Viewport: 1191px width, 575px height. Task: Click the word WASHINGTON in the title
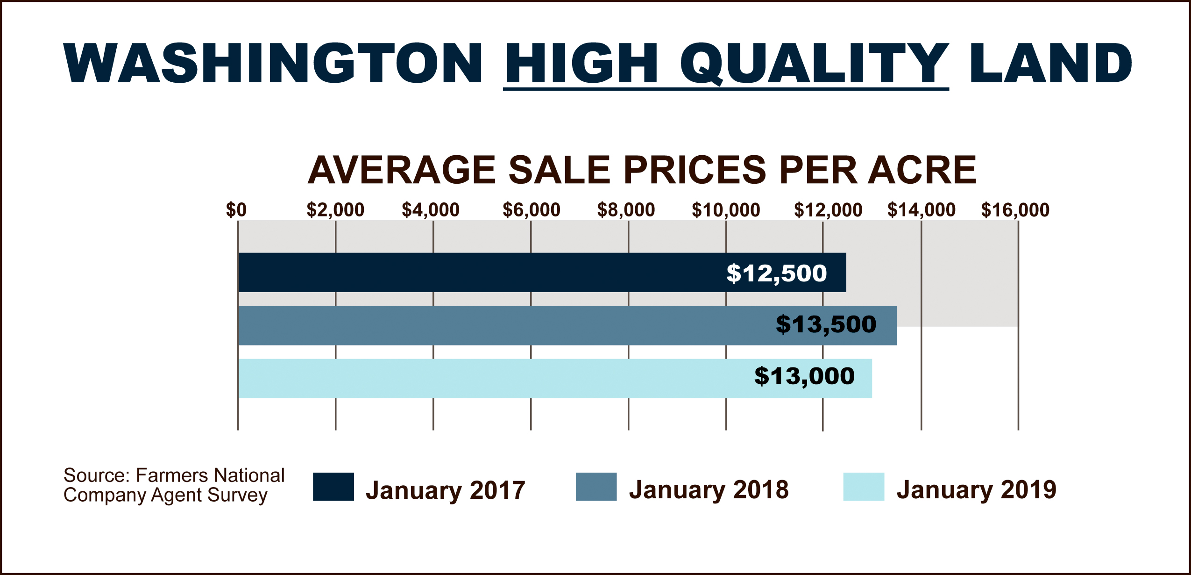(273, 64)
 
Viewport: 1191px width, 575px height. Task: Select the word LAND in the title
(1051, 64)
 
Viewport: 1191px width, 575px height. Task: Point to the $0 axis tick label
(236, 210)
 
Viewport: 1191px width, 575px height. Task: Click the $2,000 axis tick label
(335, 210)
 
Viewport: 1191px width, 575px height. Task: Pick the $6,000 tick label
(531, 210)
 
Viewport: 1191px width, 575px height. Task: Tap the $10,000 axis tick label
(726, 210)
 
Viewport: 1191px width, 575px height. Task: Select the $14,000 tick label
(922, 210)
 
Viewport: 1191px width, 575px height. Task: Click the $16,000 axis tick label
(1015, 210)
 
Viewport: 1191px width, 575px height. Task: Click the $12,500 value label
(776, 273)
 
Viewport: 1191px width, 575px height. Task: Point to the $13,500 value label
(826, 324)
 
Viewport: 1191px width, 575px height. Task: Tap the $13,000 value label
(804, 376)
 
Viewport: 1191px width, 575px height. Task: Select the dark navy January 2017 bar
(467, 273)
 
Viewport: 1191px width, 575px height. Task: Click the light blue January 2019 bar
(467, 378)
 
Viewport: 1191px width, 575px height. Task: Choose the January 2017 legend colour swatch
(333, 487)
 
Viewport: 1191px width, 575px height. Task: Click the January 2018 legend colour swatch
(596, 487)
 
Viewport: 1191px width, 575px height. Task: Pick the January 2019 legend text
(976, 489)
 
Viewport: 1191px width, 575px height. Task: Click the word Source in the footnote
(96, 475)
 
